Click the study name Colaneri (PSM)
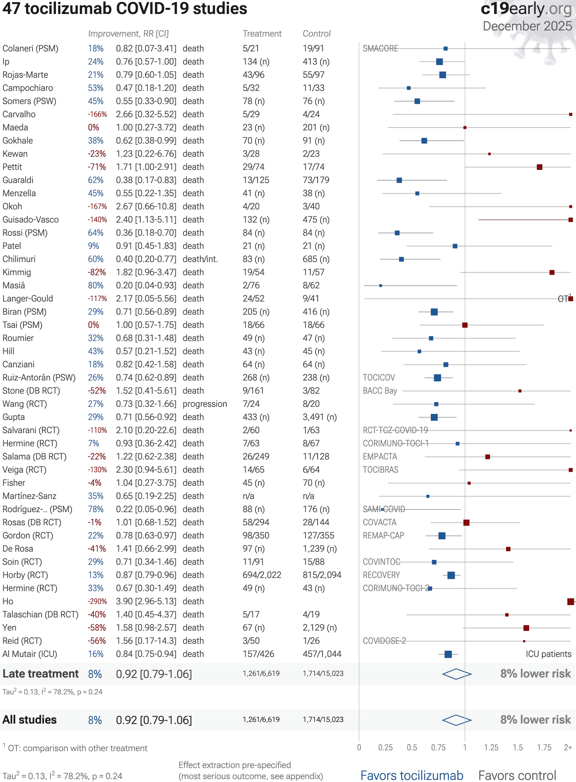30,49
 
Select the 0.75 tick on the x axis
438,747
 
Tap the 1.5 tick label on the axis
518,747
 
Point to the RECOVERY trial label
381,575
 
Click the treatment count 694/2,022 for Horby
262,575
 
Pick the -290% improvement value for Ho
97,601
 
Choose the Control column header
316,34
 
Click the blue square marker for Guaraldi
399,180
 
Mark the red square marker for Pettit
539,167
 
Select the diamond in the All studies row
456,720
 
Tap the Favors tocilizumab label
412,775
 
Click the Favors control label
517,775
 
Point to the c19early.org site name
526,9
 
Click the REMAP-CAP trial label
383,536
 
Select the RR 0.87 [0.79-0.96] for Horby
146,575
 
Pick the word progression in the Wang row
204,404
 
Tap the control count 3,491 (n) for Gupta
320,417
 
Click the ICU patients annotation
548,654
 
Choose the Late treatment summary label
40,674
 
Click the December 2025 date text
527,26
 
